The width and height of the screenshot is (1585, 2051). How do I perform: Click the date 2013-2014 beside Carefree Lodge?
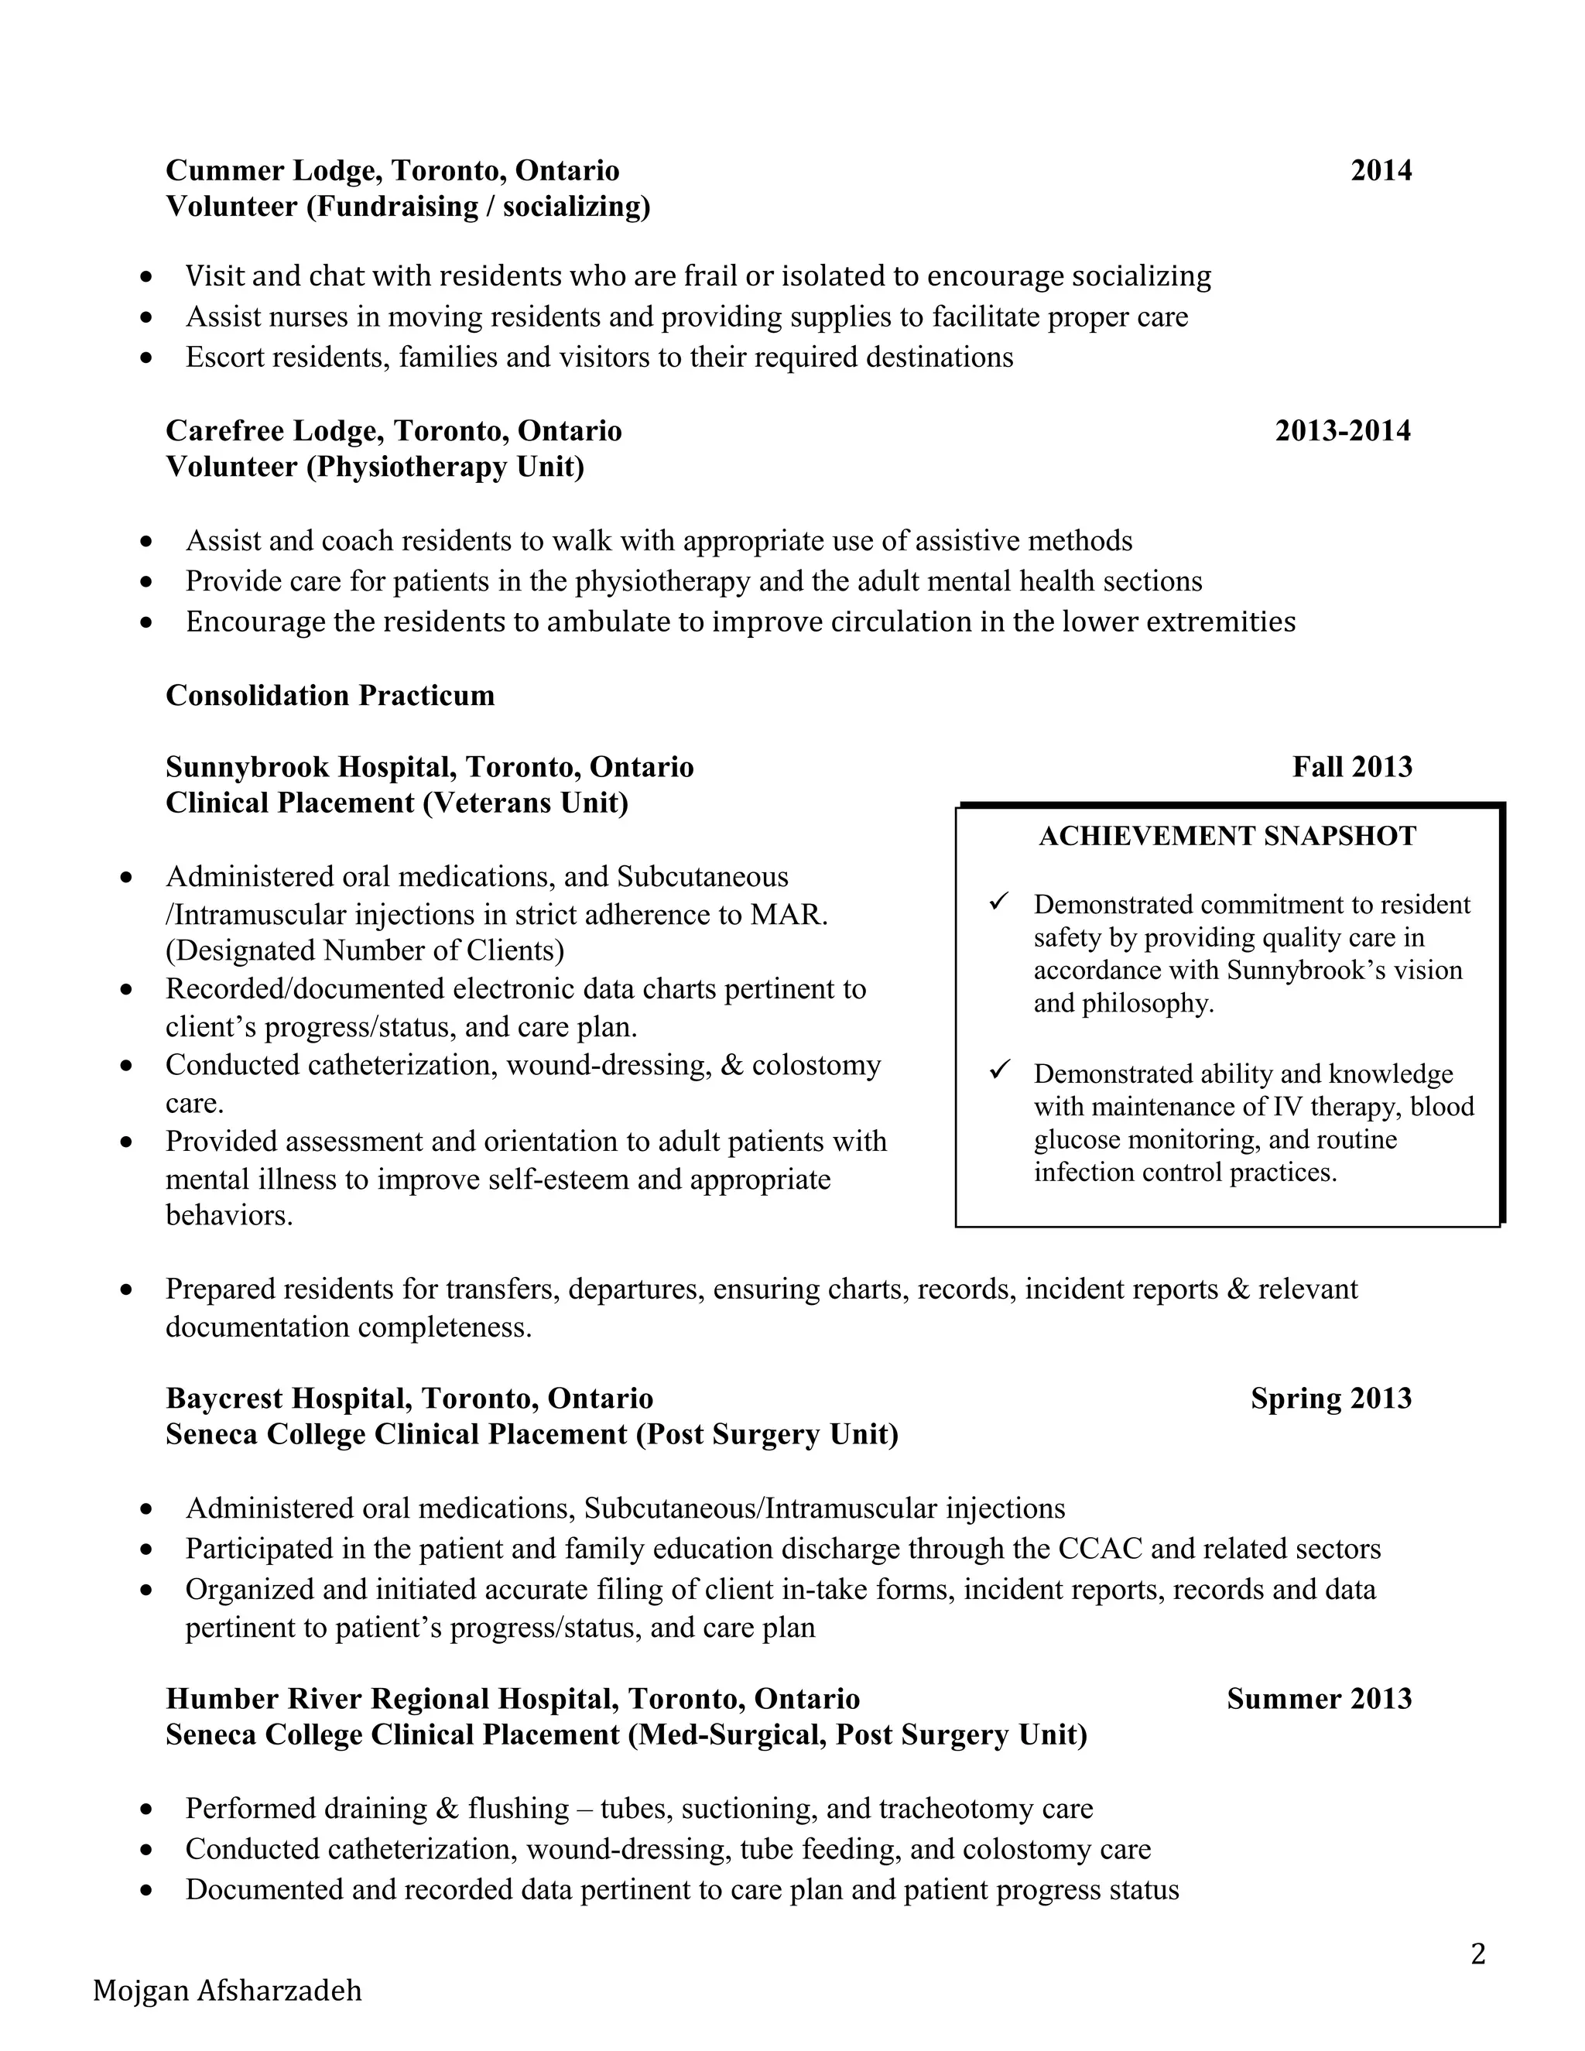1342,431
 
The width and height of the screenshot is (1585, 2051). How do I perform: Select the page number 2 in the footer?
1478,1954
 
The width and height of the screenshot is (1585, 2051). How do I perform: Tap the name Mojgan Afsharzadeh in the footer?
228,1991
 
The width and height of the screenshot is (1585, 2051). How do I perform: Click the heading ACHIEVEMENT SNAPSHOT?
1227,836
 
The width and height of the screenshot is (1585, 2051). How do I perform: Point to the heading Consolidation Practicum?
330,695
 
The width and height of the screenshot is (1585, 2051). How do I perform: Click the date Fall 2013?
1351,767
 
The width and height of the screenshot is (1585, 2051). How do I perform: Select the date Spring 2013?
1330,1399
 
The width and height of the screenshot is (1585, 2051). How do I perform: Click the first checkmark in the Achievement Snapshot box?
999,902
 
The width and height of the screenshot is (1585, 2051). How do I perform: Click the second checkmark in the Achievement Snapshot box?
999,1070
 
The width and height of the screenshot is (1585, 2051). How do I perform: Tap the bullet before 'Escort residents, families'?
145,358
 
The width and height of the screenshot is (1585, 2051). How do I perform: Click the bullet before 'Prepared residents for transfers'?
126,1290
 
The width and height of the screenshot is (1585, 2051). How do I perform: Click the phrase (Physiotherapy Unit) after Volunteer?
445,467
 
